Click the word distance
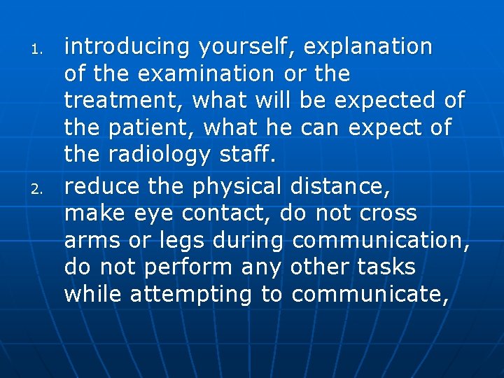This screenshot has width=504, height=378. tap(340, 186)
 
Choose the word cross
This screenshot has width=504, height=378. tap(388, 213)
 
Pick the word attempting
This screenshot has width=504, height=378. tap(190, 295)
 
